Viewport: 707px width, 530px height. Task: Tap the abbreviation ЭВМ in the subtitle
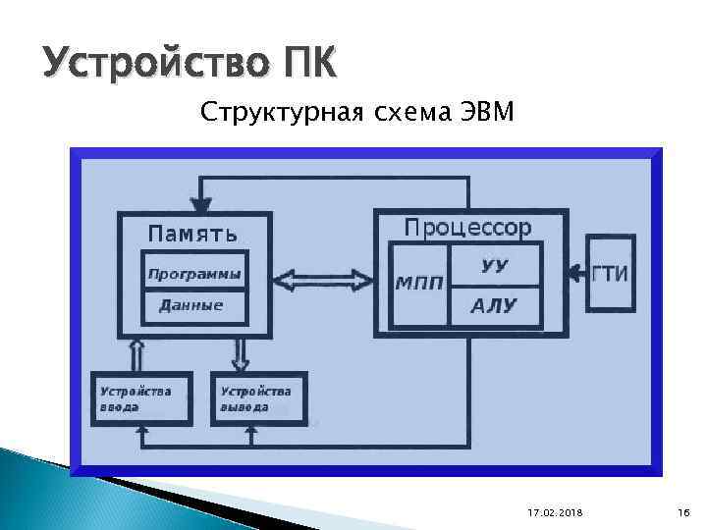(x=485, y=114)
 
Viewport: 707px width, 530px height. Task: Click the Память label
(x=192, y=233)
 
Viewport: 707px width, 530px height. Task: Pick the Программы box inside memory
(x=193, y=274)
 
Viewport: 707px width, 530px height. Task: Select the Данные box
(x=191, y=305)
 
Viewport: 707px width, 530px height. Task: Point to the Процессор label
(x=468, y=228)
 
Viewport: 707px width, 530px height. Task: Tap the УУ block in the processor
(x=495, y=265)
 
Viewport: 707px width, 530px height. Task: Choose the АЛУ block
(x=493, y=306)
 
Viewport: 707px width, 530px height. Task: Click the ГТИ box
(x=610, y=274)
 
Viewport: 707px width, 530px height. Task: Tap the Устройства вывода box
(x=258, y=398)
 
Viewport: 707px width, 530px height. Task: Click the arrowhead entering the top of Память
(x=201, y=205)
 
